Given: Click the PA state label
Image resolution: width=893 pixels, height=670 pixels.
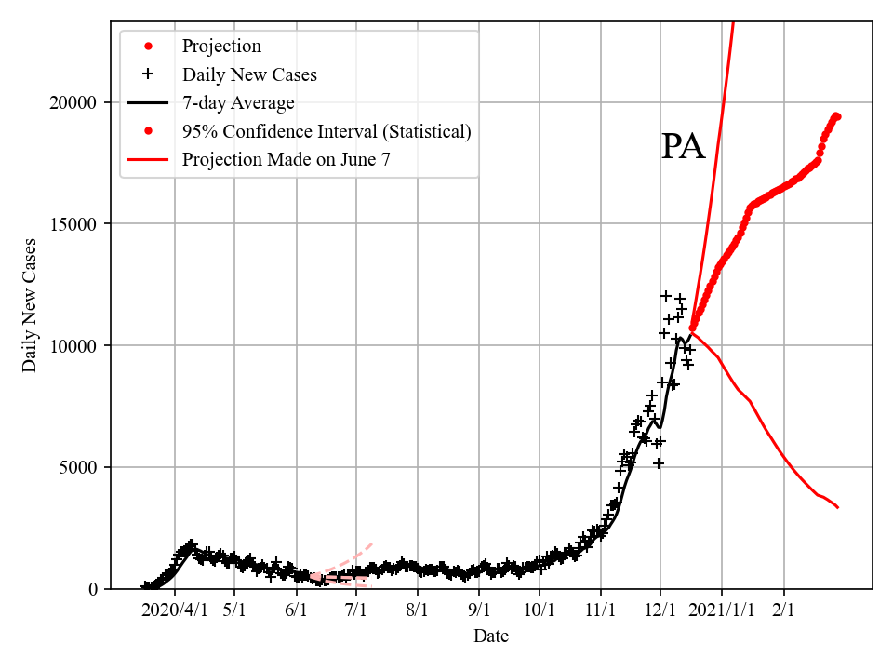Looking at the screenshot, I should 683,147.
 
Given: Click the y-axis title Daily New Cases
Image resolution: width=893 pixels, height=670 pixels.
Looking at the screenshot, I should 31,305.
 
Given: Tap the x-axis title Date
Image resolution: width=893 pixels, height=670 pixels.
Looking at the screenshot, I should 490,636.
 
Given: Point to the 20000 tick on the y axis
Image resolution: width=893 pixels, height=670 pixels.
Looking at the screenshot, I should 77,102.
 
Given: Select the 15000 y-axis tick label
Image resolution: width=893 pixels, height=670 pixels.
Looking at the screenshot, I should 77,224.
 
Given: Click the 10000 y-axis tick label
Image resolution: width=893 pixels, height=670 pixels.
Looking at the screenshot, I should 77,346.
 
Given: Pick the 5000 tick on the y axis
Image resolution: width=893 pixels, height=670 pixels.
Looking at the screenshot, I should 81,467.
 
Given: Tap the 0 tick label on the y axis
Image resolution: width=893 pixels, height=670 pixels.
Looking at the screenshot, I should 93,589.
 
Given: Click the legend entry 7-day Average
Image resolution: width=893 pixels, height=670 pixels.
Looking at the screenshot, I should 238,103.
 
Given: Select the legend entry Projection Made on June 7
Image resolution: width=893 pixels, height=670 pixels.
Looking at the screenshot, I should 286,159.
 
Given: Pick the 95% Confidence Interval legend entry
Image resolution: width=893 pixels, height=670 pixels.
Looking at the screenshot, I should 327,131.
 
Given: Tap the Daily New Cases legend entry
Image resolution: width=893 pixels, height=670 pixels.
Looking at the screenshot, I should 249,74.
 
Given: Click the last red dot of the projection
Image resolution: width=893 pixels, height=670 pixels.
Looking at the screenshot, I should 836,116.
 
